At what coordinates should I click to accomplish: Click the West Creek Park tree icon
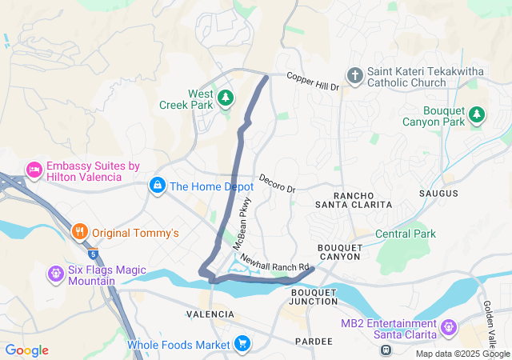(x=226, y=97)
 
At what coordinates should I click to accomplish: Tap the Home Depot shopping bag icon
(x=158, y=186)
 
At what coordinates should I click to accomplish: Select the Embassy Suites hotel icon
(x=34, y=170)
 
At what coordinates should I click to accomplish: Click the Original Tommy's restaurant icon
(x=79, y=233)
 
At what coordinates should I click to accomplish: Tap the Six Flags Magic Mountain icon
(x=55, y=274)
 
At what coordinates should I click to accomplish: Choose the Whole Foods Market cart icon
(x=242, y=345)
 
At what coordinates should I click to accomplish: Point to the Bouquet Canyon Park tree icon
(x=477, y=114)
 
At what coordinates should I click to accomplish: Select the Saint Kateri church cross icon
(x=355, y=75)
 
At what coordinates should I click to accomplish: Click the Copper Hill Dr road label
(x=314, y=81)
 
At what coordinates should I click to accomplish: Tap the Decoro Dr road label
(x=277, y=183)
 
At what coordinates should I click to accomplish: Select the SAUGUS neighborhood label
(x=438, y=194)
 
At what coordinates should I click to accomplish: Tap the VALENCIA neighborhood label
(x=210, y=314)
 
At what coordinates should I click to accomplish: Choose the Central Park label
(x=405, y=234)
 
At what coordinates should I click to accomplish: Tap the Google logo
(x=26, y=350)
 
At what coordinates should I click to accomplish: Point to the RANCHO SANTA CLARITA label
(x=362, y=200)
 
